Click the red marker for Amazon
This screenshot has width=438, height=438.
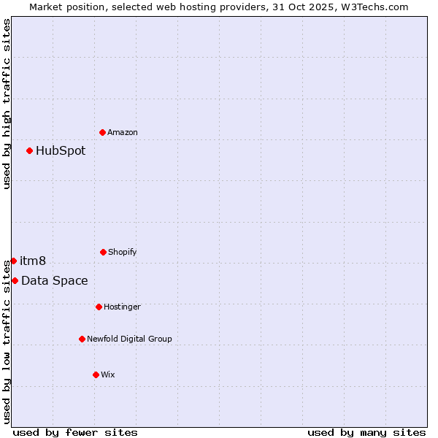tap(103, 132)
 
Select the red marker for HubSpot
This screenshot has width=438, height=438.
tap(30, 150)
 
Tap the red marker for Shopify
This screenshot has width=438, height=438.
tap(103, 252)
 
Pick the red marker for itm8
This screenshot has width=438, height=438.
tap(13, 261)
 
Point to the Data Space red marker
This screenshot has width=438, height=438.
tap(15, 280)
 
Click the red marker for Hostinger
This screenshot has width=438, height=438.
tap(99, 307)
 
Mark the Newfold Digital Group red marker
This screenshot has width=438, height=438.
tap(82, 339)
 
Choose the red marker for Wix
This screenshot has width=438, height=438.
tap(96, 374)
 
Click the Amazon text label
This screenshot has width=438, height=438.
tap(123, 132)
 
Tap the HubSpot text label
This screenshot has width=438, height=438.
tap(61, 151)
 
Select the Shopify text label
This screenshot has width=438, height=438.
tap(123, 252)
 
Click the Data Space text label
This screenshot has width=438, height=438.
tap(55, 281)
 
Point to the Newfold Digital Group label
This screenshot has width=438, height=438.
tap(130, 339)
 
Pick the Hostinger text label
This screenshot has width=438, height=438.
tap(123, 307)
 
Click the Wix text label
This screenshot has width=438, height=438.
tap(108, 374)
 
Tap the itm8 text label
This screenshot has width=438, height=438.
tap(33, 261)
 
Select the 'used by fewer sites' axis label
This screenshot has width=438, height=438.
tap(75, 432)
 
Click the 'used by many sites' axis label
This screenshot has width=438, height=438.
tap(366, 432)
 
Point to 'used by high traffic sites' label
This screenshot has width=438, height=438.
tap(7, 104)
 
